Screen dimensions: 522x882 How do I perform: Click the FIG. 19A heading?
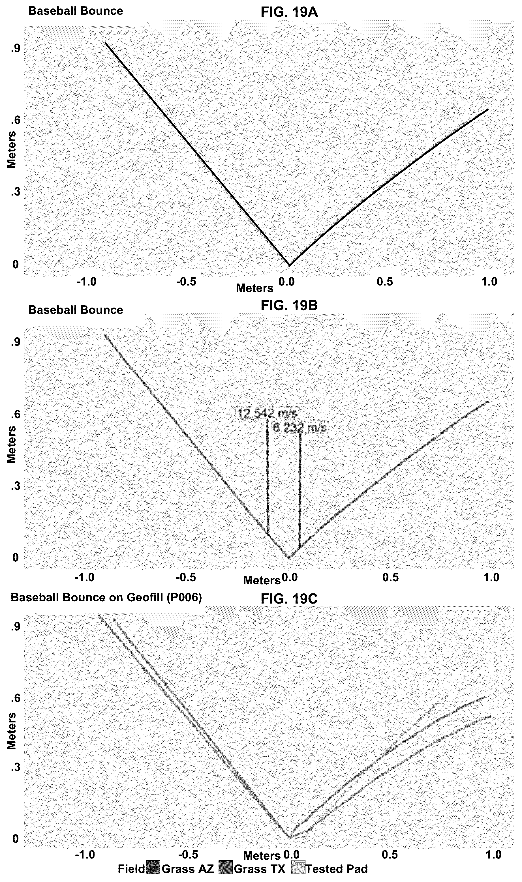point(289,12)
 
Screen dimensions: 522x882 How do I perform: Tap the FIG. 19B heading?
point(289,306)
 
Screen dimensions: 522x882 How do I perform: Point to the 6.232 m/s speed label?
point(300,428)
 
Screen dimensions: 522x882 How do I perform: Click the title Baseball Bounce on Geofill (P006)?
point(106,598)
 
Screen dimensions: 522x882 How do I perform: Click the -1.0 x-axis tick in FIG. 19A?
point(87,282)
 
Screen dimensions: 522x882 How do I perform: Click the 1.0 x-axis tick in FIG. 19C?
point(493,855)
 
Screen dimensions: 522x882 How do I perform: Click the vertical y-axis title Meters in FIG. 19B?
point(12,444)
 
